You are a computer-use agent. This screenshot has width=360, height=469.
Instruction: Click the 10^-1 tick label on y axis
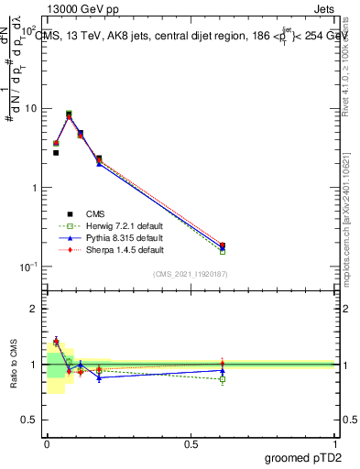pos(27,267)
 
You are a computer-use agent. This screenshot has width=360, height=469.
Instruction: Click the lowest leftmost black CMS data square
pos(56,153)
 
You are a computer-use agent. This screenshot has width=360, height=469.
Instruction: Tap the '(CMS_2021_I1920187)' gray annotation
pos(191,275)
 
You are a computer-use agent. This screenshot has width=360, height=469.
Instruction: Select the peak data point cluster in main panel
pos(69,115)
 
